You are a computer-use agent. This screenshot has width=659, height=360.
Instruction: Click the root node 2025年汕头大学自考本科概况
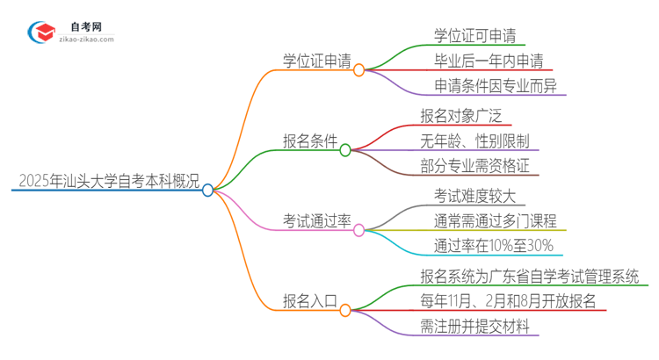(104, 181)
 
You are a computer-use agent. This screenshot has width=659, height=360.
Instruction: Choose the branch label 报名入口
(308, 301)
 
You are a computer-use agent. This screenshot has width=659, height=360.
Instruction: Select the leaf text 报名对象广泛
(465, 115)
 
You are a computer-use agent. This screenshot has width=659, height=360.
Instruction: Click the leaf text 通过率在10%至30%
(494, 246)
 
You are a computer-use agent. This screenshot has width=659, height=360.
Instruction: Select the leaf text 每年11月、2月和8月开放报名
(509, 301)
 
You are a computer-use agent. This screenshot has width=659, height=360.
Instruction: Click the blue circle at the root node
(208, 190)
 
